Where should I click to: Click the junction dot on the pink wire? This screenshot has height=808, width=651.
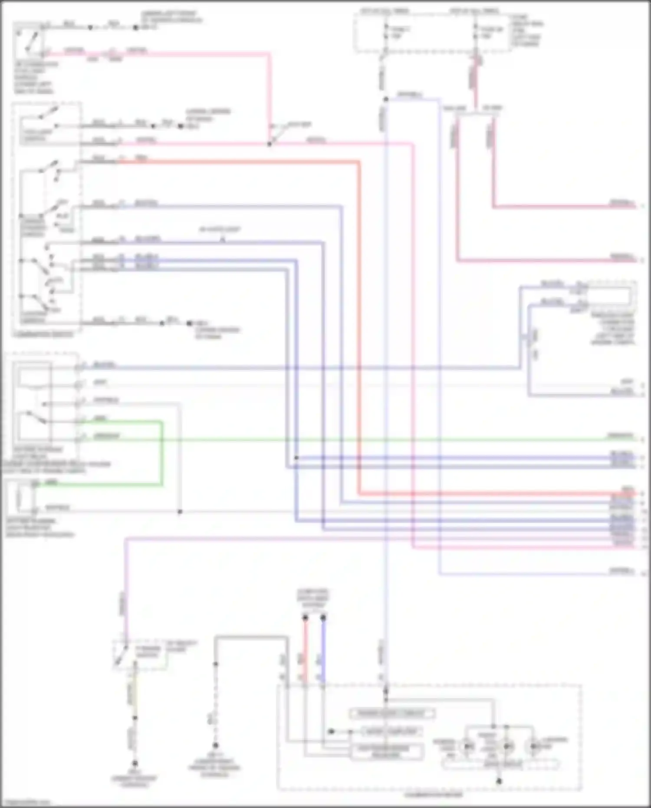point(269,144)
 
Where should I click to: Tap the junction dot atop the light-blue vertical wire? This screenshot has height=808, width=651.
point(385,99)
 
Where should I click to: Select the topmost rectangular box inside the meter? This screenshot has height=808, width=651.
point(392,713)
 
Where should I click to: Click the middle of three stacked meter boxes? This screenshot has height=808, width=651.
point(391,732)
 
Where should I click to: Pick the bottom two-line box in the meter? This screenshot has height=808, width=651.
point(386,752)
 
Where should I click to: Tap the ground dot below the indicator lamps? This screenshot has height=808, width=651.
point(499,781)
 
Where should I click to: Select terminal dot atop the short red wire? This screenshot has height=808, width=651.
point(305,617)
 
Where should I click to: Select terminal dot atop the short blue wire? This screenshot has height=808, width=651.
point(323,617)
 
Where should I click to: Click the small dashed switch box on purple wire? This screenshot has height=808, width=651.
point(140,654)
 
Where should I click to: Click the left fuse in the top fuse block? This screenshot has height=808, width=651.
point(386,33)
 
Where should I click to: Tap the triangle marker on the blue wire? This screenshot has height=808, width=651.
point(222,239)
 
